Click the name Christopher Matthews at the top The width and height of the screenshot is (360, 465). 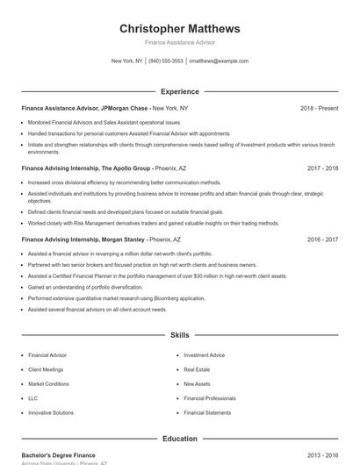click(179, 29)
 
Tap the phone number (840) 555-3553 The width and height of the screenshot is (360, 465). click(166, 61)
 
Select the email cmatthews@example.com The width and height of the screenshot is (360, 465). click(219, 61)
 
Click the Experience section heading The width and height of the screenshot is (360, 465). click(179, 91)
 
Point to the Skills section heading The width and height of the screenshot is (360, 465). click(179, 335)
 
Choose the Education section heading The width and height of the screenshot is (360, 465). click(179, 439)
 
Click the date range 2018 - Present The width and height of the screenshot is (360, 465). click(319, 108)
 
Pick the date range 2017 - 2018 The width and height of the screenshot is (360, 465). click(322, 168)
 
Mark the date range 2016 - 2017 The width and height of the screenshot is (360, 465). click(322, 239)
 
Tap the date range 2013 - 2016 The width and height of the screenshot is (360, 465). click(322, 456)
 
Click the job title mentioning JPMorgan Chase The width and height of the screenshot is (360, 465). click(85, 108)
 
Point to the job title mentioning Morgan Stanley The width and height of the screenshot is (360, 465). click(83, 239)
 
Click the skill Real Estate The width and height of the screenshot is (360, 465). click(197, 369)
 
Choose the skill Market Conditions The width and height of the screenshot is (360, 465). click(48, 383)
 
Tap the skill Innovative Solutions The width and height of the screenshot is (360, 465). click(51, 412)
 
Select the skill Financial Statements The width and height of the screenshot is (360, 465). click(207, 412)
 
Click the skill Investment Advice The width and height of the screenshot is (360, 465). click(204, 355)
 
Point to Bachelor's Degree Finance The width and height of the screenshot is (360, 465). click(58, 456)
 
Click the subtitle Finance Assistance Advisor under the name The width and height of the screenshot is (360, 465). click(179, 42)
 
